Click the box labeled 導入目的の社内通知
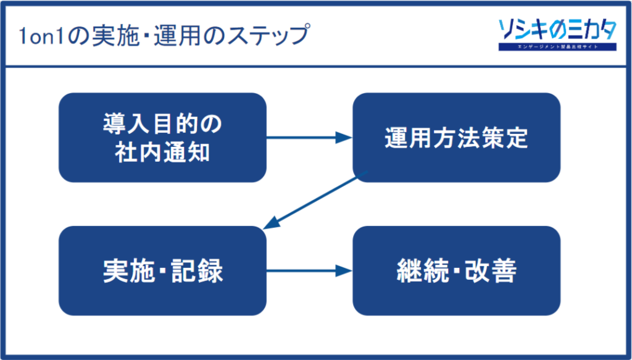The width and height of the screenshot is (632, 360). (x=162, y=137)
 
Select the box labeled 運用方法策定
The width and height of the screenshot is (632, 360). (x=456, y=137)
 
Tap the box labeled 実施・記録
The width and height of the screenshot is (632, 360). (x=162, y=270)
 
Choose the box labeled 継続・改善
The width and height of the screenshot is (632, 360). (x=456, y=270)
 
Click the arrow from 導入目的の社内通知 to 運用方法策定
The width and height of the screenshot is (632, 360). (x=309, y=138)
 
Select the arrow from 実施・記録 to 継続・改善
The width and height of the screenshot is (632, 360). (x=309, y=270)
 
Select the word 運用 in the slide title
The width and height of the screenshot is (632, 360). (x=170, y=36)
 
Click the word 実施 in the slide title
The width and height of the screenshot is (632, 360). (x=99, y=36)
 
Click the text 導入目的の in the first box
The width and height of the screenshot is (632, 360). (x=162, y=123)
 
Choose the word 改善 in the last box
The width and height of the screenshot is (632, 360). (x=492, y=271)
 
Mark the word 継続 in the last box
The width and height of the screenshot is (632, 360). (x=420, y=271)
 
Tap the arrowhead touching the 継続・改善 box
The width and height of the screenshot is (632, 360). (x=344, y=270)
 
